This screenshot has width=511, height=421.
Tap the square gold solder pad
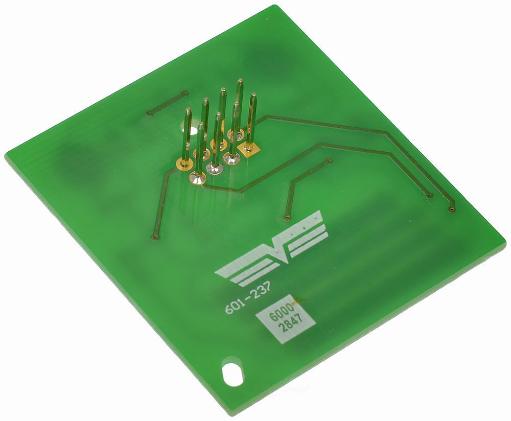tap(250, 149)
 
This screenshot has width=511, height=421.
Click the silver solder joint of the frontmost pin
tap(197, 177)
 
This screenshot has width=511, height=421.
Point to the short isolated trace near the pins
tap(167, 103)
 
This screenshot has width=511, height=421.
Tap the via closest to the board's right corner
tap(451, 209)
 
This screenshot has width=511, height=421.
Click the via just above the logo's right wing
tap(288, 217)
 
